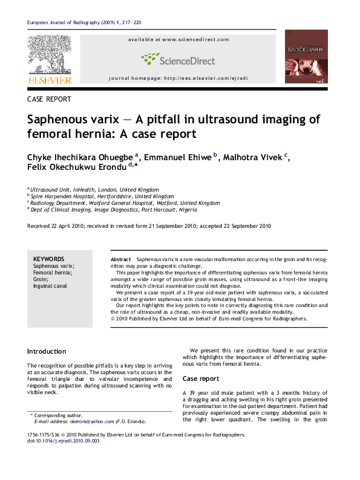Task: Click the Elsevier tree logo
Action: point(49,56)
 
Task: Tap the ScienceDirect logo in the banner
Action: point(178,59)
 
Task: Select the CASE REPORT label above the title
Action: point(50,99)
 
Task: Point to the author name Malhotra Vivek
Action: point(254,157)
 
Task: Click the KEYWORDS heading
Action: point(48,258)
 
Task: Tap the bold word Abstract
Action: point(120,259)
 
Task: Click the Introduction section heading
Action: point(47,351)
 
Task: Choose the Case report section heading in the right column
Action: point(201,378)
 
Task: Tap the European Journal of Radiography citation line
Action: point(84,23)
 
